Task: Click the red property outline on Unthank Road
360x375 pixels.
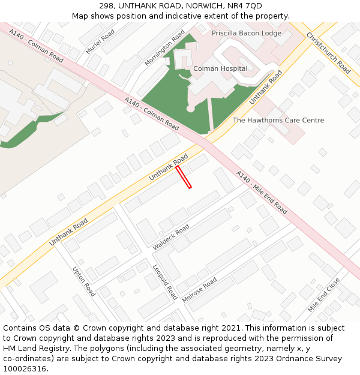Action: coord(184,177)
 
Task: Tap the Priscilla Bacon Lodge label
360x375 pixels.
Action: coord(246,33)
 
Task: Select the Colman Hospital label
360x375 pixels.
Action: coord(220,68)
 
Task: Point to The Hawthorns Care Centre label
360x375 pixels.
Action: coord(278,120)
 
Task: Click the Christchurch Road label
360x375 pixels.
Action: coord(328,53)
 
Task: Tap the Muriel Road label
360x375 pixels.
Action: coord(100,41)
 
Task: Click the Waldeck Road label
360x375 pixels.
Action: coord(171,237)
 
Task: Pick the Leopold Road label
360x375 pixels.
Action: coord(165,282)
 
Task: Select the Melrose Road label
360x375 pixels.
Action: coord(199,290)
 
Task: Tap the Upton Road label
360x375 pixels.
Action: coord(84,281)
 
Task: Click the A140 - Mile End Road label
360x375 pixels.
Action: coord(262,192)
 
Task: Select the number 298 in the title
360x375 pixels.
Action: coord(106,6)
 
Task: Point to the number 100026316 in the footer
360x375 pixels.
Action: coord(25,368)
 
